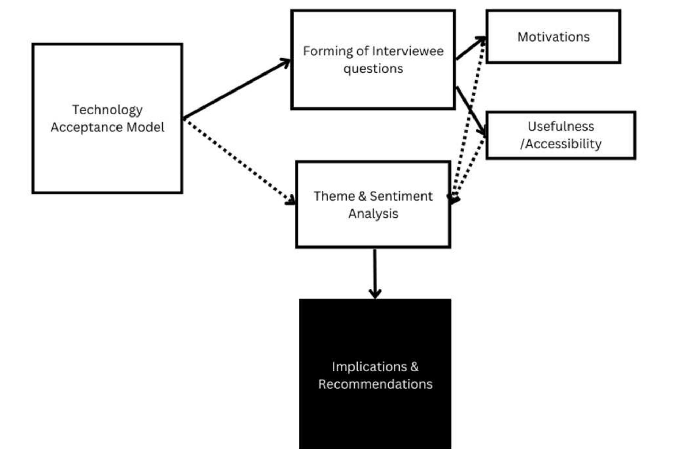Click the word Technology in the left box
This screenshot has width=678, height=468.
tap(107, 110)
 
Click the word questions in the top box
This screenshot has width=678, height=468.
tap(373, 69)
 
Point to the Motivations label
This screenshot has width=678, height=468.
tap(553, 37)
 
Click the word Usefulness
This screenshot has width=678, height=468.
tap(560, 126)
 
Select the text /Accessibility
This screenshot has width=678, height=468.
tap(560, 144)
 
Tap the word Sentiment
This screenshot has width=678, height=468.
tap(401, 196)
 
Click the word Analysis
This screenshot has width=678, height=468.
tap(373, 214)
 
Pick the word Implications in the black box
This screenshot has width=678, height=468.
tap(369, 366)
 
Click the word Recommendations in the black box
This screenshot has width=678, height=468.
tap(375, 384)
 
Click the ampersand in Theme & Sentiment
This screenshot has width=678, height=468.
tap(362, 196)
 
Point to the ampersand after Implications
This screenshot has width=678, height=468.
tap(415, 366)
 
